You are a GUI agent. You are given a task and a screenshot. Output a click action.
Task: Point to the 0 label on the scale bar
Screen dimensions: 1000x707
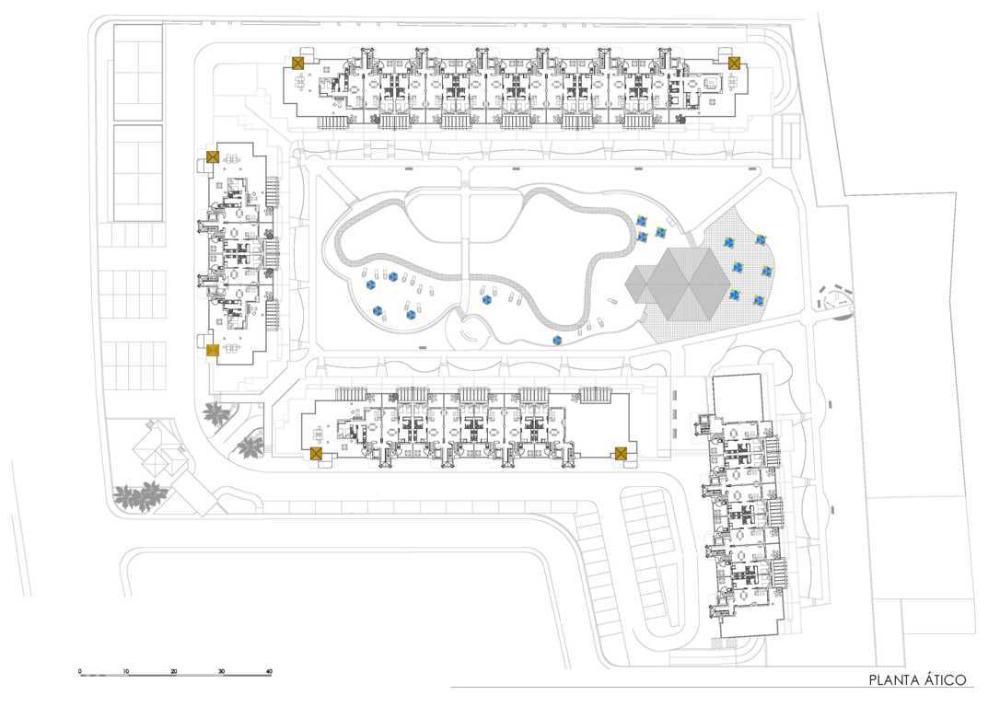80,671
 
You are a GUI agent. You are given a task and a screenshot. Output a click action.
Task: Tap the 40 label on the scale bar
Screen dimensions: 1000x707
269,671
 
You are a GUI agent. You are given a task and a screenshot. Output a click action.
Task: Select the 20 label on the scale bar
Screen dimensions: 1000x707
174,671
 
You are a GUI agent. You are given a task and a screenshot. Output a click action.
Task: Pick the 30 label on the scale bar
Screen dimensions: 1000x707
221,671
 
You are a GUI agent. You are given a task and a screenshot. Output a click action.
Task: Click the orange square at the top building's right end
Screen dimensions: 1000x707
735,63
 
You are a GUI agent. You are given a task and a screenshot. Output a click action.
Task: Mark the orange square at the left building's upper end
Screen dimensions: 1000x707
213,157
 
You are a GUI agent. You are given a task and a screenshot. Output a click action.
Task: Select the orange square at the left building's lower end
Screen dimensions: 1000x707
213,349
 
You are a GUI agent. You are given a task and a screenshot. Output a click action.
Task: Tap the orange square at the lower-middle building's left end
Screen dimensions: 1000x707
316,453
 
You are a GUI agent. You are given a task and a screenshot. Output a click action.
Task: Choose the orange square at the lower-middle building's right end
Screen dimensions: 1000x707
622,453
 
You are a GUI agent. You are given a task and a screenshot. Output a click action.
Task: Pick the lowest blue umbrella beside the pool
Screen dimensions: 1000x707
557,341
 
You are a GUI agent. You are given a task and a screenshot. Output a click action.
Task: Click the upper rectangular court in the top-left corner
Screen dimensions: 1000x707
138,72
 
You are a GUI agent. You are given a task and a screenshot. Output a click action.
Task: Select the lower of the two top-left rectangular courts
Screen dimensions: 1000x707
138,173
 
